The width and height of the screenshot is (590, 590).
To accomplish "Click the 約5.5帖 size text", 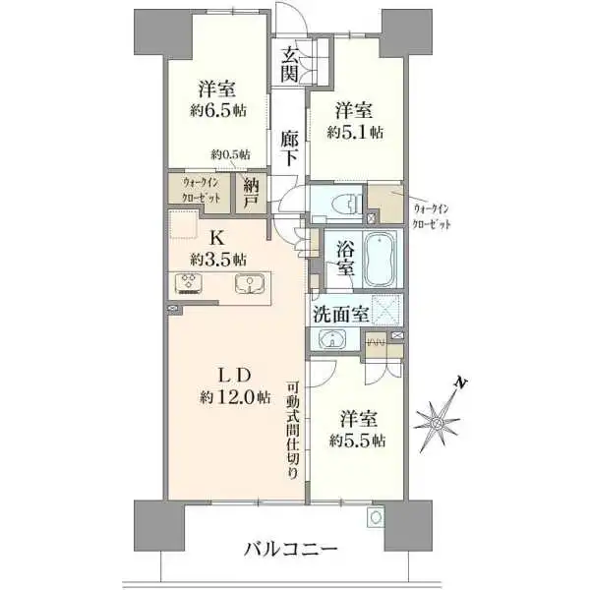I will click(x=359, y=440).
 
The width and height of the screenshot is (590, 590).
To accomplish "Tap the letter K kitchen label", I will click(x=214, y=238).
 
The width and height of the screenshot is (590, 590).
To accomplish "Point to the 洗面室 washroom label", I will click(x=340, y=316).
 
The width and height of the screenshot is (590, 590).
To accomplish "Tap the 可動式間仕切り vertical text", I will click(x=294, y=430).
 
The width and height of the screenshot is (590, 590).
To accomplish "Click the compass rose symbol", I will click(x=439, y=419).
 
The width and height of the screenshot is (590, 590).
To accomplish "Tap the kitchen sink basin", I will click(x=249, y=285).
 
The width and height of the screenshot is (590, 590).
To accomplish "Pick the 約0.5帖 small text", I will click(x=229, y=154).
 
